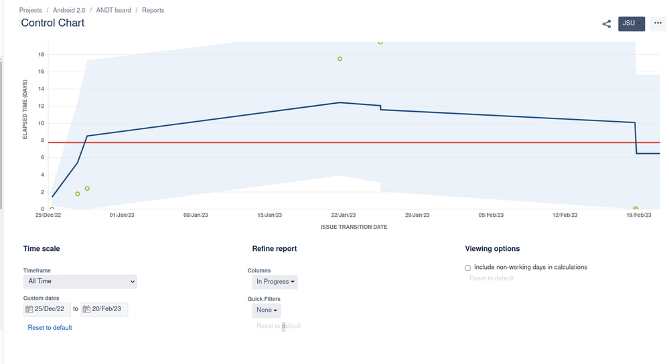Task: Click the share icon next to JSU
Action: pos(607,23)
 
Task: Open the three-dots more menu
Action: pos(657,23)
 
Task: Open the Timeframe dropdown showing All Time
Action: pos(80,282)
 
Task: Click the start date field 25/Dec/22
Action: pos(47,309)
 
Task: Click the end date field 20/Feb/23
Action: pos(104,309)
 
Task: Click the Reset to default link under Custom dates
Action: pos(50,328)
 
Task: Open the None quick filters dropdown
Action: pos(267,310)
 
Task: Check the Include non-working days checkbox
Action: pos(468,268)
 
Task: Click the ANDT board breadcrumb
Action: pos(114,10)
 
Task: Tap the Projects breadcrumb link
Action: pos(31,10)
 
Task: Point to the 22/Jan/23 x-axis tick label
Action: pos(343,215)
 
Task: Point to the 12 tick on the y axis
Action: pos(41,106)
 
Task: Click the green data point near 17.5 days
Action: pos(340,59)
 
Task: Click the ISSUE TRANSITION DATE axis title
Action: pos(354,227)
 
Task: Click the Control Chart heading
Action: pos(53,23)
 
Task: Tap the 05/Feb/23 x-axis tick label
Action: pos(491,215)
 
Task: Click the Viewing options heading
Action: pos(492,248)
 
